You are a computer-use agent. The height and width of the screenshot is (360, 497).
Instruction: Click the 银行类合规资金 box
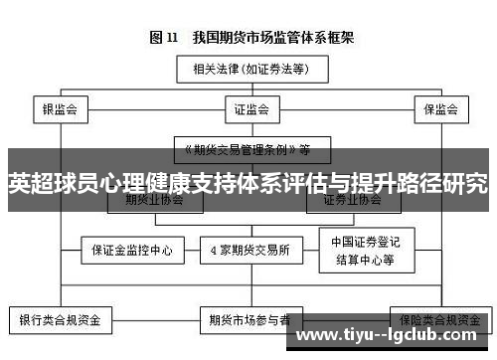coord(61,321)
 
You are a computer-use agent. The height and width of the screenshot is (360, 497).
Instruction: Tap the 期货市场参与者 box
coord(249,321)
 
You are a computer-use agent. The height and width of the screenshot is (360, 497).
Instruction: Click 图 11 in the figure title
coord(163,38)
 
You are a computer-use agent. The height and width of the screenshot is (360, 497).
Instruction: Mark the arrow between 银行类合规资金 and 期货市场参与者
coord(155,321)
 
